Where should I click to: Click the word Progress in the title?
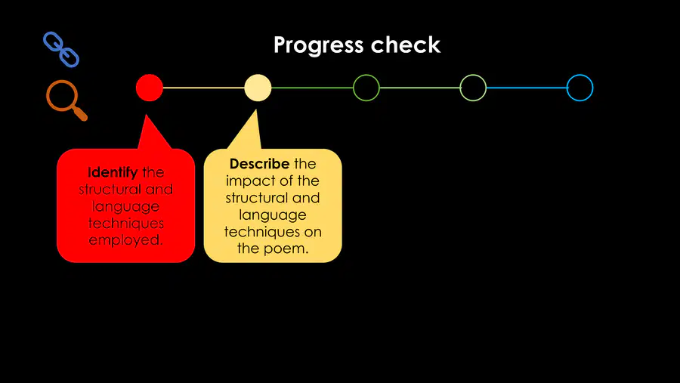coord(318,45)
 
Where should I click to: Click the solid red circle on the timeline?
coord(149,88)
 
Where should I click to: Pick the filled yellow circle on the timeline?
coord(258,88)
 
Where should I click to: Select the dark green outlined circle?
coord(354,88)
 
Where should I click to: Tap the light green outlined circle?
coord(461,88)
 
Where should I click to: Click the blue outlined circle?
coord(567,88)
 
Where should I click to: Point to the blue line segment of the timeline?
coord(527,88)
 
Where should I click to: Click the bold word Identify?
coord(113,173)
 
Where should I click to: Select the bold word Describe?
coord(259,164)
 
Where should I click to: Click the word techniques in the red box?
coord(125,224)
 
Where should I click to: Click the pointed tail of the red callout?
coord(146,116)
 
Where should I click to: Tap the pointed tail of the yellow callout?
coord(256,111)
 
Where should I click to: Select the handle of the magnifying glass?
coord(80,113)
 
